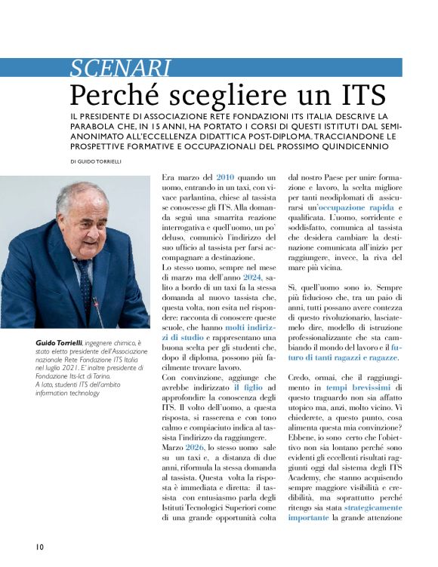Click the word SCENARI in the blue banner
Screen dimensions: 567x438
click(x=120, y=69)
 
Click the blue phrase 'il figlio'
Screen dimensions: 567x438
click(x=248, y=385)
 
